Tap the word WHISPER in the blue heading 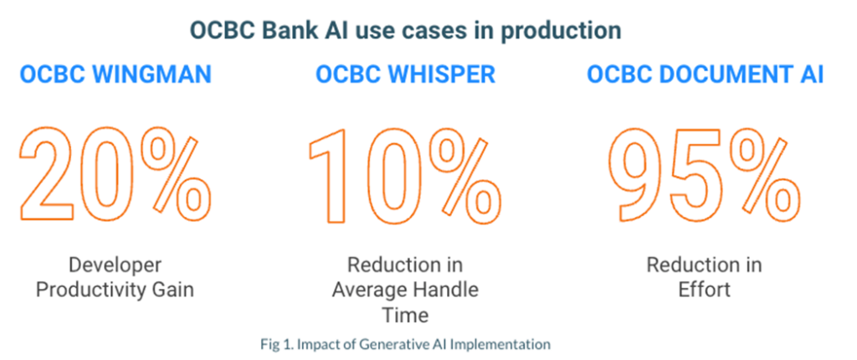click(446, 75)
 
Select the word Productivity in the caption click(94, 291)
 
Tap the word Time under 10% click(405, 315)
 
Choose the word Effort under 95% click(703, 291)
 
